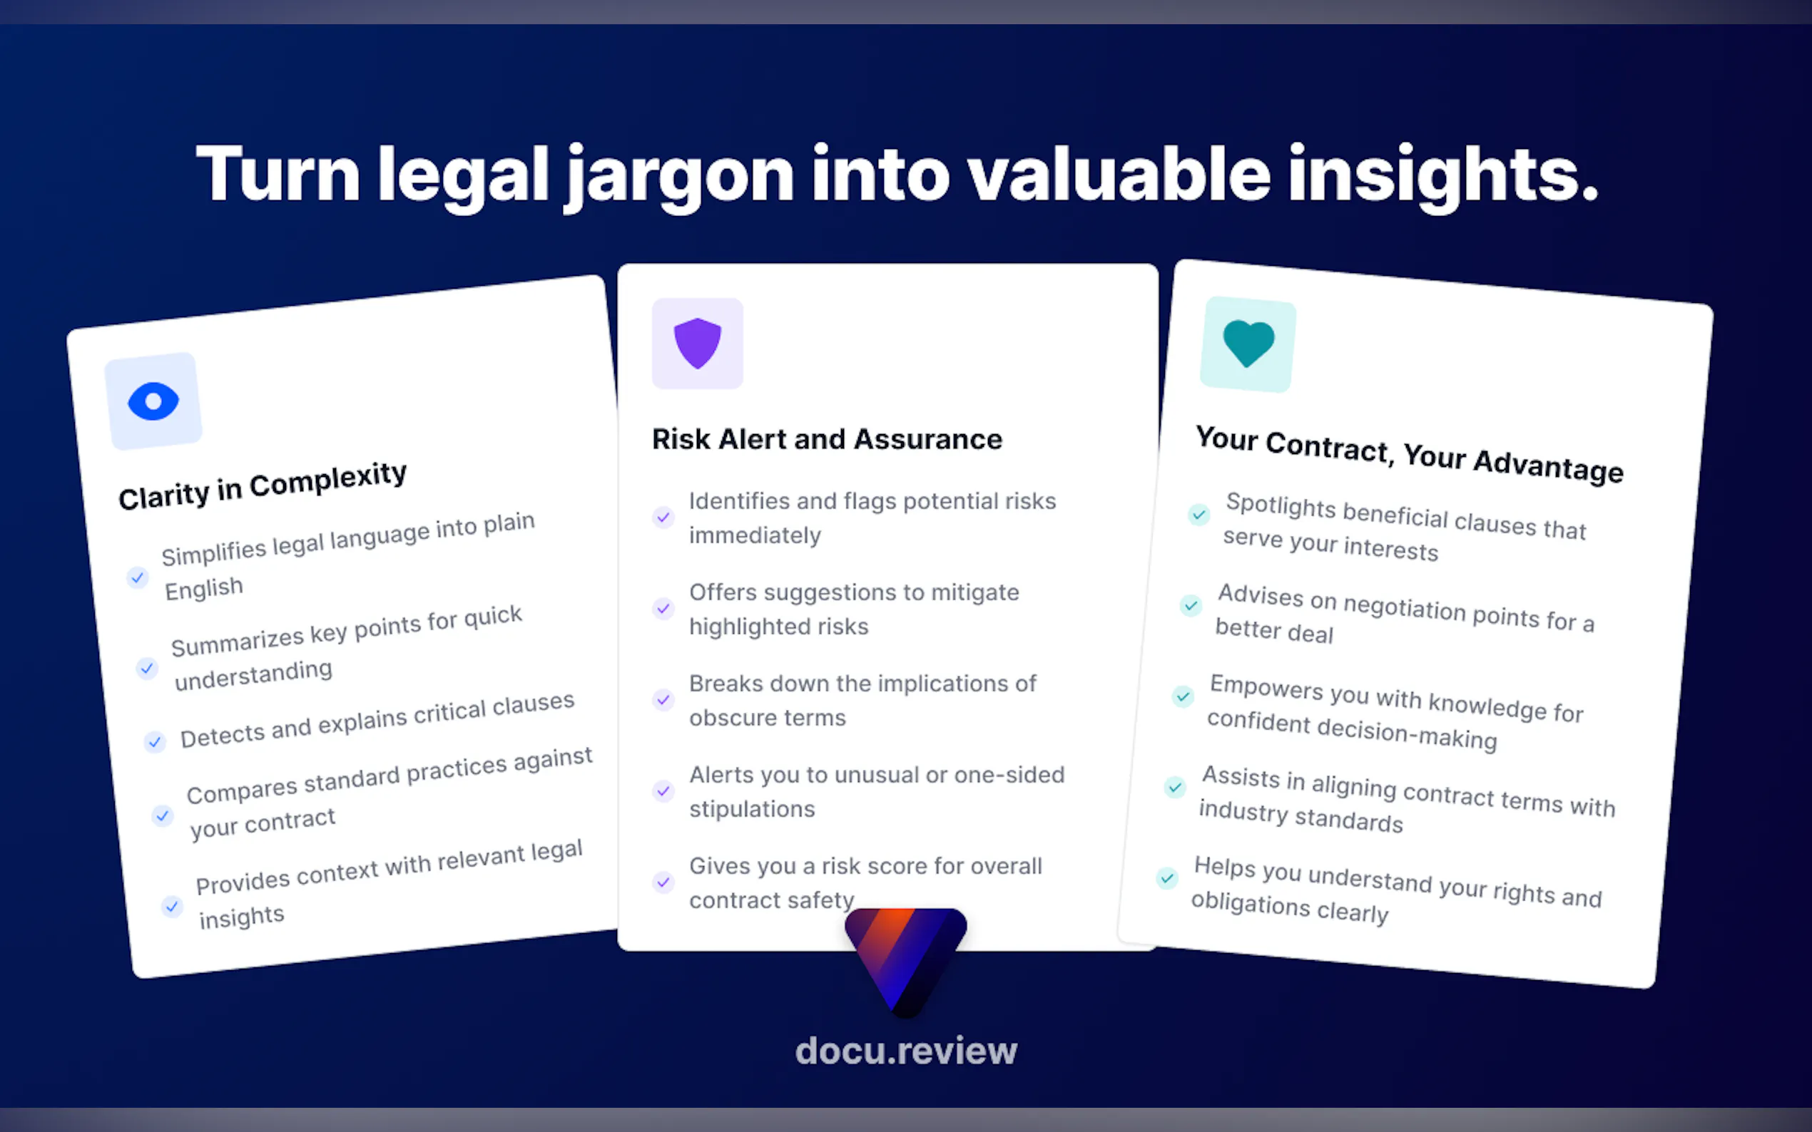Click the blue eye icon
coord(153,401)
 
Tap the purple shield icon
coord(698,343)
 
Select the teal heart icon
coord(1248,344)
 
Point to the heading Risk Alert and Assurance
coord(827,438)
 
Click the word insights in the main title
coord(1442,177)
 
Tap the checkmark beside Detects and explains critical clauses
coord(154,742)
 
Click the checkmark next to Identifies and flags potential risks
coord(663,518)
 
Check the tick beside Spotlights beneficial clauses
coord(1198,515)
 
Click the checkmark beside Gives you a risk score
coord(663,882)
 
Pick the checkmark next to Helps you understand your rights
coord(1166,878)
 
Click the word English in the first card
coord(204,589)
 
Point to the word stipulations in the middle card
coord(751,809)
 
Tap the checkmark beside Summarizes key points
coord(147,668)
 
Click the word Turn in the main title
coord(278,175)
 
